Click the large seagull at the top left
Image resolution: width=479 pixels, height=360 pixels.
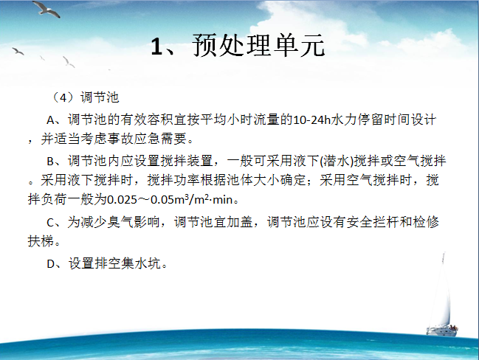coord(46,9)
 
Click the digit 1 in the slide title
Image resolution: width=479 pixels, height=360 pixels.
coord(156,46)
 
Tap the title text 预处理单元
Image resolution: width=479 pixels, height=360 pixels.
coord(258,46)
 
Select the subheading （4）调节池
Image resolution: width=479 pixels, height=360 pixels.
coord(84,97)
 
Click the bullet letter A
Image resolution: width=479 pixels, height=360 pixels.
coord(50,120)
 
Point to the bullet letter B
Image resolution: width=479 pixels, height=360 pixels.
coord(50,162)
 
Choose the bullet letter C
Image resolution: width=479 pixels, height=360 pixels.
coord(50,223)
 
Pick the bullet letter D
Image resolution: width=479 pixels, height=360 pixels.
coord(51,264)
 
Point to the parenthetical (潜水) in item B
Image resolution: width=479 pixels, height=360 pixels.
coord(337,162)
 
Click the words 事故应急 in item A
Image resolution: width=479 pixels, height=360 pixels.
coord(134,139)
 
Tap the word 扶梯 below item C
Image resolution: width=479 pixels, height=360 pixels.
coord(41,241)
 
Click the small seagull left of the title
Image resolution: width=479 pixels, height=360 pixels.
coord(18,51)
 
